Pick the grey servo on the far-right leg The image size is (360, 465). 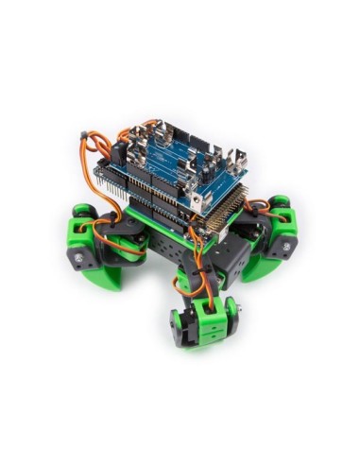point(284,248)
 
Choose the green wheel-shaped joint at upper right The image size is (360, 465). point(280,203)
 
